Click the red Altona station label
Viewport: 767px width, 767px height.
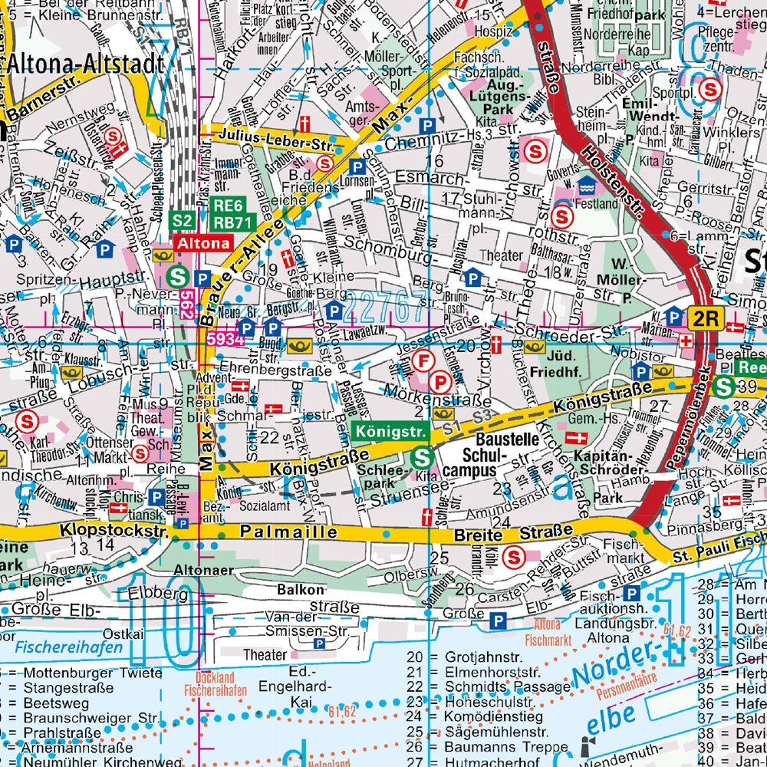(x=204, y=243)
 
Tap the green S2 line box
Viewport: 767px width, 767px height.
(x=182, y=221)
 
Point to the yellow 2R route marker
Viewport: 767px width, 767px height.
(x=704, y=318)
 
